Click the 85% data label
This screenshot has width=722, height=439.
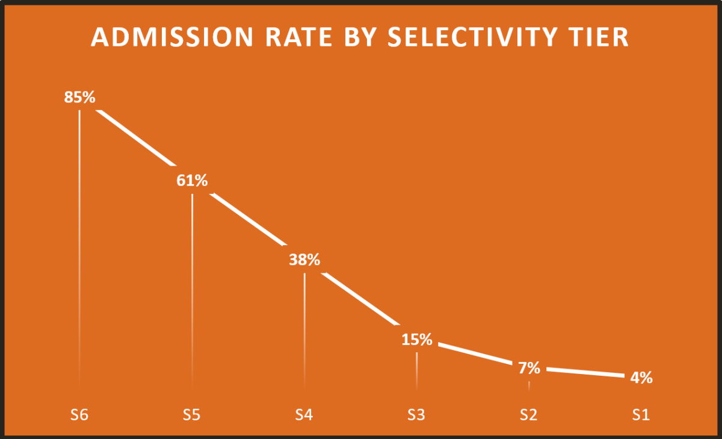[80, 98]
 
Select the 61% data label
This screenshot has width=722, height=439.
[192, 180]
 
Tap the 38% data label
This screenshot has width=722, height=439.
[304, 260]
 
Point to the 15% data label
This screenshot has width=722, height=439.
[417, 340]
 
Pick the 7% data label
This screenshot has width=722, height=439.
[529, 368]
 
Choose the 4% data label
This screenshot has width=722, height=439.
[641, 378]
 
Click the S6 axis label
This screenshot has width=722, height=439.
[80, 415]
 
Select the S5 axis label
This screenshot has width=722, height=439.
[192, 415]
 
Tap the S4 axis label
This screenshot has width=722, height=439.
[304, 415]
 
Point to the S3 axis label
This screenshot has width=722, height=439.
[417, 415]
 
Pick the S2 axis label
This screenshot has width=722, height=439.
[529, 415]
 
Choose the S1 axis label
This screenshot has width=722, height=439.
[641, 415]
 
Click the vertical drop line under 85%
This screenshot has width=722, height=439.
[79, 241]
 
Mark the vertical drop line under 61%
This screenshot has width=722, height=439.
[192, 283]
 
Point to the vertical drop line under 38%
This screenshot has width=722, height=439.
[304, 325]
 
